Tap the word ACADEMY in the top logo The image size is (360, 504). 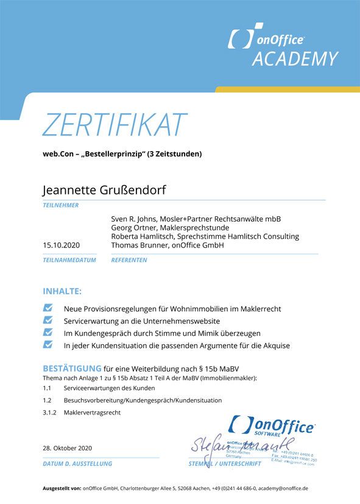(x=294, y=59)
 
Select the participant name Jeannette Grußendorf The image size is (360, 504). (x=104, y=190)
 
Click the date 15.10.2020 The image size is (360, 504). (x=61, y=245)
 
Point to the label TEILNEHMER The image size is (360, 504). (x=60, y=205)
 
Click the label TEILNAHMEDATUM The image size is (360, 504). (x=69, y=260)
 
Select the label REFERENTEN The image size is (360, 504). (x=129, y=260)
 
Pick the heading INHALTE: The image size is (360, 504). (x=62, y=291)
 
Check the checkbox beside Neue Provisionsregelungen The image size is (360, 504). (x=48, y=309)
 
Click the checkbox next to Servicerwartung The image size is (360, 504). (x=48, y=321)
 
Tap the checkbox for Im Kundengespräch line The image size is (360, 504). (x=48, y=333)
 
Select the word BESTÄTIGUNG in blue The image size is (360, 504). (x=71, y=368)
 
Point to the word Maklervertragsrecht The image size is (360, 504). (x=92, y=413)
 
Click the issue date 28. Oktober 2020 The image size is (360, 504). (x=67, y=449)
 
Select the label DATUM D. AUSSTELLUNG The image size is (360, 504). (x=77, y=464)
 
